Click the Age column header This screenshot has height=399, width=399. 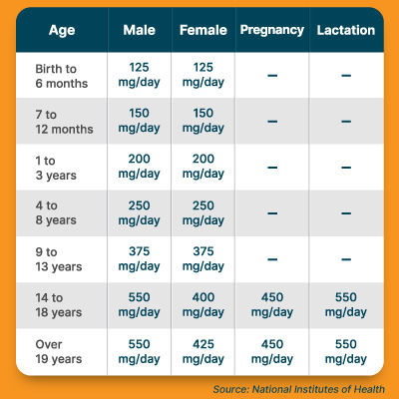click(62, 31)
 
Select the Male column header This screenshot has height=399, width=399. click(139, 30)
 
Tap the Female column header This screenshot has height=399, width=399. click(203, 30)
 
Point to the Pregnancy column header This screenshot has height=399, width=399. click(272, 30)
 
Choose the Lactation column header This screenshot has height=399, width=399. click(346, 30)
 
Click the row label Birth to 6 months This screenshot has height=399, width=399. click(62, 76)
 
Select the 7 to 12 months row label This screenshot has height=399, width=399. click(64, 122)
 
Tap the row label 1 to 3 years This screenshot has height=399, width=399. click(56, 168)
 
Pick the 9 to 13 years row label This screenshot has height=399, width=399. click(59, 259)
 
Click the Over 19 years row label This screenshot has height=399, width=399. click(59, 352)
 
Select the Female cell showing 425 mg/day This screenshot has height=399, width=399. click(203, 351)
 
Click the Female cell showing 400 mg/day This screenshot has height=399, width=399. click(203, 304)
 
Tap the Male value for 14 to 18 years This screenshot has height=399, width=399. click(139, 304)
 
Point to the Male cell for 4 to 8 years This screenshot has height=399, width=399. click(139, 212)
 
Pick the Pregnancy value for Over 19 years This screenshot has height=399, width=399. click(272, 351)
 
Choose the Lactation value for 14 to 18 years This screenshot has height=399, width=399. click(346, 304)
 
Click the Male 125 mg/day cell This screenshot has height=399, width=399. click(139, 75)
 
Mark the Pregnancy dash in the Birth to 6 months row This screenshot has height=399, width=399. click(272, 76)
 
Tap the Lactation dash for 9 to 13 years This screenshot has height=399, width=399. click(346, 259)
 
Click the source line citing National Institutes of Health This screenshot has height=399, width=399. click(298, 389)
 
